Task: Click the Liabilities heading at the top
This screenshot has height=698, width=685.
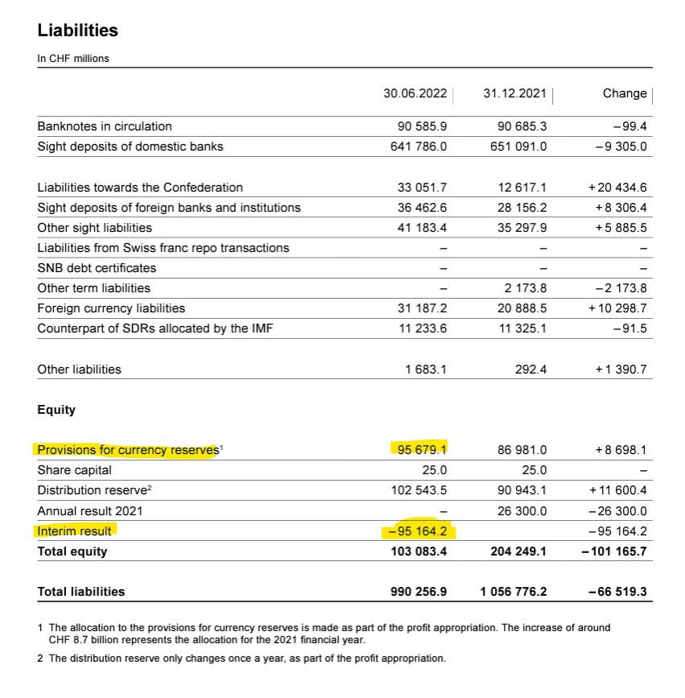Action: (78, 31)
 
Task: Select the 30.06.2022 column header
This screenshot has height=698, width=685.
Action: (415, 93)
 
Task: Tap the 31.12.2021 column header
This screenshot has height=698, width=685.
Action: (514, 93)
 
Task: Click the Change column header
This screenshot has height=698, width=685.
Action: (624, 93)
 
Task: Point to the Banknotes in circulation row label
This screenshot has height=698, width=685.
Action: (105, 126)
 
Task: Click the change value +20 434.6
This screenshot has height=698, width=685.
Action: (617, 188)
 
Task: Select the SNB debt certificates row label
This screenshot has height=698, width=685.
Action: (97, 268)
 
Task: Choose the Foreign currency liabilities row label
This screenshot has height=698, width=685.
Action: (111, 308)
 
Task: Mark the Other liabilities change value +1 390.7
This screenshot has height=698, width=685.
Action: (620, 370)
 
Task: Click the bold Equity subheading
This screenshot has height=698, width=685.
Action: (56, 410)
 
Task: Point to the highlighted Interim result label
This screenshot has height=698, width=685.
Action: (75, 531)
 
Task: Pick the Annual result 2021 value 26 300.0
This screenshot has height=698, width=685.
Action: (522, 510)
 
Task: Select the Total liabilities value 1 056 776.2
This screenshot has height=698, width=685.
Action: (514, 592)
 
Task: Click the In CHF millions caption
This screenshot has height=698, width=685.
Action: (73, 59)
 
